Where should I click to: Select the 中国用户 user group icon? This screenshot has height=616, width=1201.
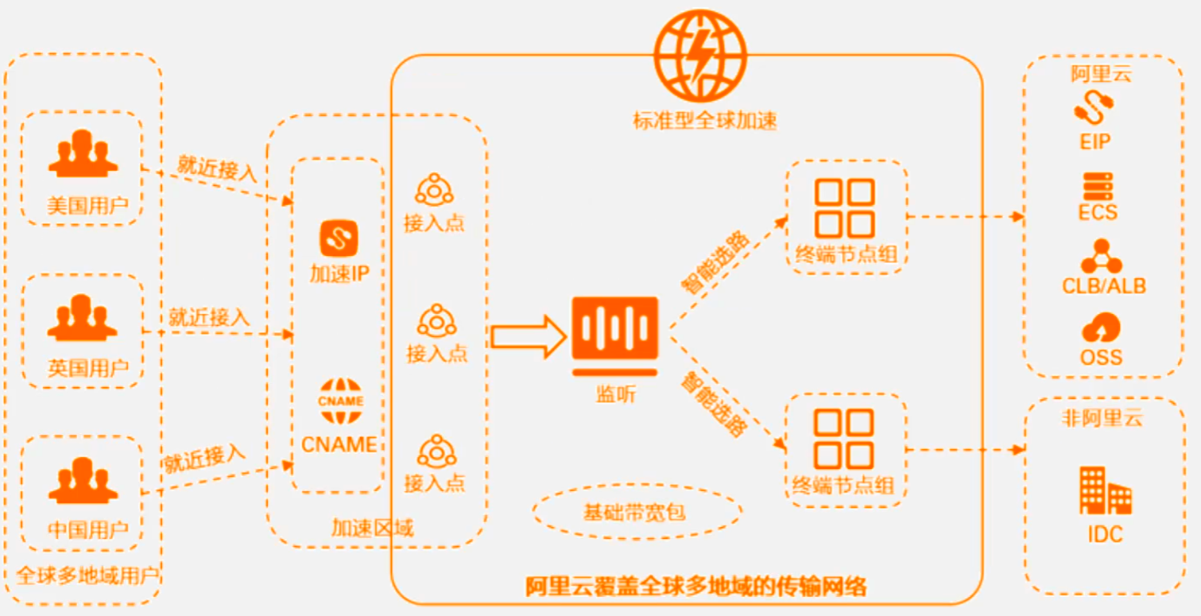(83, 481)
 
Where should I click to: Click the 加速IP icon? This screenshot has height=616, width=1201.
(339, 238)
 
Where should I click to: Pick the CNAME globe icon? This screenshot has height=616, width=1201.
(340, 402)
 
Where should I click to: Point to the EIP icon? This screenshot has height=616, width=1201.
(1094, 107)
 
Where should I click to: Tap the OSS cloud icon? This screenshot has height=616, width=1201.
(1101, 328)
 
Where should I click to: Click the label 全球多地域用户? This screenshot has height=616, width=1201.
(88, 575)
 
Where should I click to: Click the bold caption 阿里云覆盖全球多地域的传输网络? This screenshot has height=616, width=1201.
(696, 588)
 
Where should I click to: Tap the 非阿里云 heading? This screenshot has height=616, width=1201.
(1102, 417)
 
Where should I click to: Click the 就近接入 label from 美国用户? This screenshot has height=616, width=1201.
(216, 168)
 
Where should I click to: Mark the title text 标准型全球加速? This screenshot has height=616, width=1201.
(704, 121)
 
